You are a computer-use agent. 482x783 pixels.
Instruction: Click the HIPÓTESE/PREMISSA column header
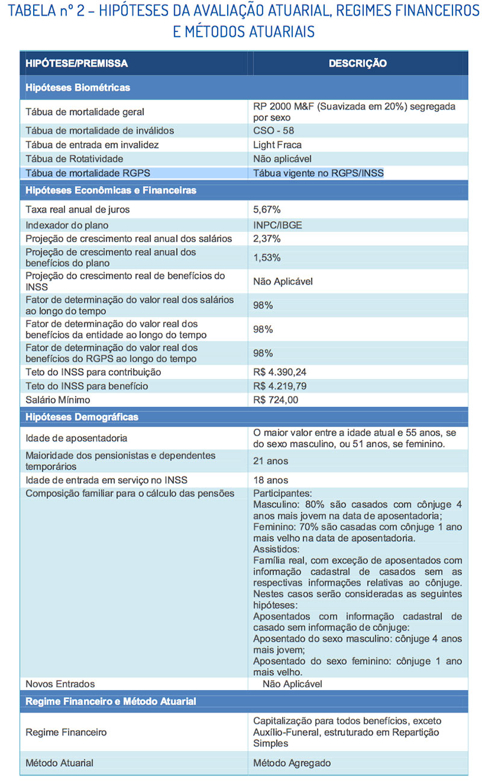77,63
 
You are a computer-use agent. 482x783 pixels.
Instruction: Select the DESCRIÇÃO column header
358,63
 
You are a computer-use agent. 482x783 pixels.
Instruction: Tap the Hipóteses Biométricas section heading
78,88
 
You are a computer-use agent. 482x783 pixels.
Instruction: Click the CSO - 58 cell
274,131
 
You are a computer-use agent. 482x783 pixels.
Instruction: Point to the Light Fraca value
277,145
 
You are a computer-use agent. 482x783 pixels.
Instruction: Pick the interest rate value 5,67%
267,210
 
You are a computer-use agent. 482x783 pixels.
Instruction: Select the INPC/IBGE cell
278,225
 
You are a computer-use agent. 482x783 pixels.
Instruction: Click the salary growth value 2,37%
267,239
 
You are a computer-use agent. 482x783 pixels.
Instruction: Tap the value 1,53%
266,257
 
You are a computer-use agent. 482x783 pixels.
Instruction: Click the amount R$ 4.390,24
283,372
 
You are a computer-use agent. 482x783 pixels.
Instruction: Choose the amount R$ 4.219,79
283,386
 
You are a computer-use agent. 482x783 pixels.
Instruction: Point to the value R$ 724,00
275,400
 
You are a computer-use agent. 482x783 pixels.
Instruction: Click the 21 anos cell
271,461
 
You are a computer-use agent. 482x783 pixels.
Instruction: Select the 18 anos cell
271,480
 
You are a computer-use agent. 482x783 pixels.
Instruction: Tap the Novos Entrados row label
60,684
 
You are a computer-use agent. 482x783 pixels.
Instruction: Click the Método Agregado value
292,763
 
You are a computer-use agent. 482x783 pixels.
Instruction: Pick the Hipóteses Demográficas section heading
82,417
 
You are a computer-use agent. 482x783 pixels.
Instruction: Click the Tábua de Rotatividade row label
74,159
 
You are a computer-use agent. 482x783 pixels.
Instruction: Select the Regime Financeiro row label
66,732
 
